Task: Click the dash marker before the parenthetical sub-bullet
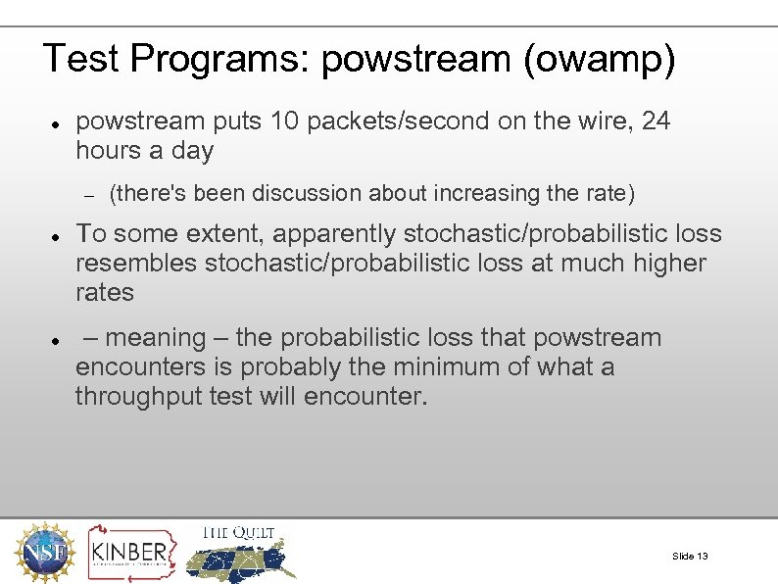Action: pyautogui.click(x=87, y=195)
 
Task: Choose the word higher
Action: pyautogui.click(x=662, y=264)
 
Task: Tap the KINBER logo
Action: pyautogui.click(x=129, y=553)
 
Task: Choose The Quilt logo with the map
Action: pyautogui.click(x=240, y=552)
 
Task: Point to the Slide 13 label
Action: pyautogui.click(x=690, y=557)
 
